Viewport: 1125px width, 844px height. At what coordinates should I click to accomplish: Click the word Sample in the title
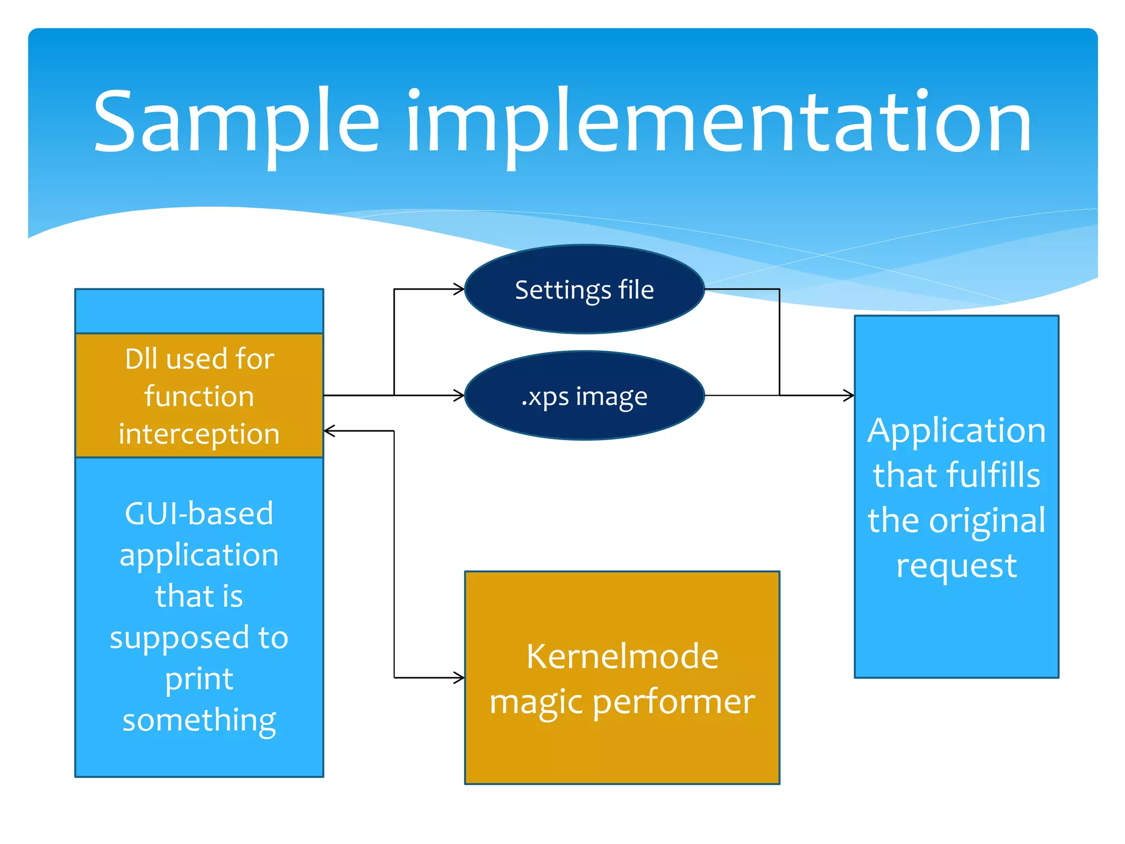236,122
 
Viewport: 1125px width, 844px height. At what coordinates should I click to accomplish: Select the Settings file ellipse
584,290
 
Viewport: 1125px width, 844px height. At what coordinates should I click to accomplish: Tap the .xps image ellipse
584,396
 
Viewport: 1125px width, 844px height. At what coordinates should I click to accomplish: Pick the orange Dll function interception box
199,396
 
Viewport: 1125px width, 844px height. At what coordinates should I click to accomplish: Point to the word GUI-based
199,514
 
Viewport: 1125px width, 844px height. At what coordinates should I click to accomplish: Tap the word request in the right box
956,566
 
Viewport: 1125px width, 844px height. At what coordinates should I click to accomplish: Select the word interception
199,434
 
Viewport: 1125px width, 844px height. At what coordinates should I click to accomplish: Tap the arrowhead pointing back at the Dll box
328,431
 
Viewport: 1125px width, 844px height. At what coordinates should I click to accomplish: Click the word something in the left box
199,720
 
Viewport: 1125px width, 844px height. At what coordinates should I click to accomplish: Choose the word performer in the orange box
673,702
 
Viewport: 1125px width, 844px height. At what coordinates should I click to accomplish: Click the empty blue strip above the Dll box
199,311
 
